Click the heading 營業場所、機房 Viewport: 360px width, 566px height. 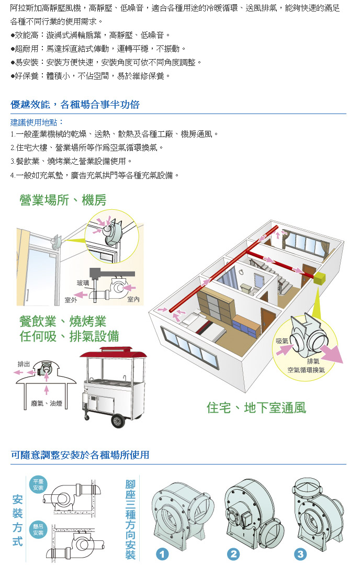click(63, 200)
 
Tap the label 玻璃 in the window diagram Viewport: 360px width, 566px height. click(83, 283)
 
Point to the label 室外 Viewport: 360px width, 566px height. click(71, 300)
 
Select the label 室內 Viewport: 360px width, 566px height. click(133, 299)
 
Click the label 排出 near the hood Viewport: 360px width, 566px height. click(24, 364)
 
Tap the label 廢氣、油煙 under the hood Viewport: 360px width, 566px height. click(47, 403)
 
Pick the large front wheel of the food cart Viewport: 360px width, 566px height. click(118, 421)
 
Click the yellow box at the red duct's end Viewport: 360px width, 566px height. click(319, 279)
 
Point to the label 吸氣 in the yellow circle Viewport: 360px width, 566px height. click(282, 341)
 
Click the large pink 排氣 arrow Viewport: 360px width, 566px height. click(331, 354)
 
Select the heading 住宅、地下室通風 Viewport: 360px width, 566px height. click(256, 408)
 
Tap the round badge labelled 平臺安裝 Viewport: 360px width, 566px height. click(38, 485)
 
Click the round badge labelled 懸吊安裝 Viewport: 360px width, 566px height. click(38, 529)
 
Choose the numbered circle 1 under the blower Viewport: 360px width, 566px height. click(162, 554)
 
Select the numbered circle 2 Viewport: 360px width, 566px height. click(233, 554)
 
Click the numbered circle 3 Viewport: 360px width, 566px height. click(300, 554)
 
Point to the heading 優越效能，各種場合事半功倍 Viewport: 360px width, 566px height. click(75, 105)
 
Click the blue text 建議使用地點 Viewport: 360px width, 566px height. click(37, 122)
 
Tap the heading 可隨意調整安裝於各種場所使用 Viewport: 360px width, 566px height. click(80, 455)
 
